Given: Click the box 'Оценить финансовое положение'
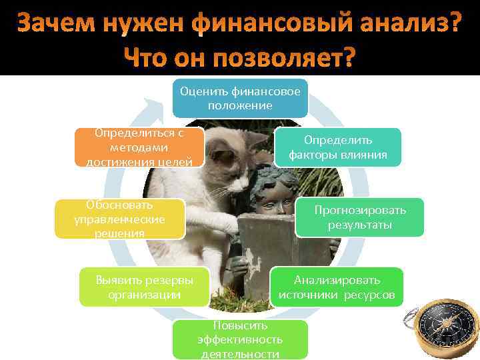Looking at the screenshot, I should pyautogui.click(x=240, y=98).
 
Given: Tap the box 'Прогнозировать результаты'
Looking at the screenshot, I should pyautogui.click(x=359, y=217).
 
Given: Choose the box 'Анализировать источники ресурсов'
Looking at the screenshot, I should pyautogui.click(x=337, y=287).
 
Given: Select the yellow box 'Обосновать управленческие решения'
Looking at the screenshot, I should pyautogui.click(x=120, y=218).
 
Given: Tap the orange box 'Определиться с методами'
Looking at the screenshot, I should pyautogui.click(x=139, y=147).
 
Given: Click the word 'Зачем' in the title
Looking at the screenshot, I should pyautogui.click(x=56, y=24).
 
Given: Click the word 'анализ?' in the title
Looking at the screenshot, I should pyautogui.click(x=406, y=24).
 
